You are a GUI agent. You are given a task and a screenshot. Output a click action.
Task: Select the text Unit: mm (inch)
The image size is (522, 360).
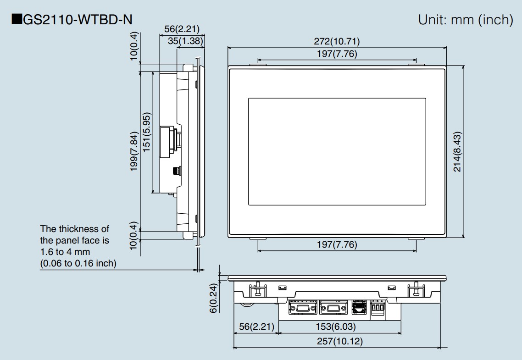pyautogui.click(x=465, y=20)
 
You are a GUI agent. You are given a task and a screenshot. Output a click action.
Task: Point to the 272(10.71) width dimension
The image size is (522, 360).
pyautogui.click(x=337, y=41)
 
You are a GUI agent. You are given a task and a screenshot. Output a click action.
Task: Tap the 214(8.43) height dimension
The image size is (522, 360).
pyautogui.click(x=457, y=152)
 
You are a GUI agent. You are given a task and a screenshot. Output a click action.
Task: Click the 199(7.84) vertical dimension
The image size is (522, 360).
pyautogui.click(x=134, y=152)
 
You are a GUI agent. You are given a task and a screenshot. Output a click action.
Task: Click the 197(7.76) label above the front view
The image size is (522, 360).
pyautogui.click(x=337, y=54)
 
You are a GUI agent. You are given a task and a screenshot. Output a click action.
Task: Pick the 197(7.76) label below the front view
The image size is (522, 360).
pyautogui.click(x=337, y=244)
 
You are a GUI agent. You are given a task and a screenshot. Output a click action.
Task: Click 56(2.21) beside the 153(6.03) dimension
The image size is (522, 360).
pyautogui.click(x=256, y=327)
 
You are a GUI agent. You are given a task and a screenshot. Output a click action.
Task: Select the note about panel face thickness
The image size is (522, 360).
pyautogui.click(x=78, y=246)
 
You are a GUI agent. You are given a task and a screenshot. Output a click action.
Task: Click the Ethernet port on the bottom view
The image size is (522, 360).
pyautogui.click(x=358, y=307)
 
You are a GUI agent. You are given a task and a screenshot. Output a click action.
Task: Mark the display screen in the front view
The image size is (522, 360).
pyautogui.click(x=337, y=151)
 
